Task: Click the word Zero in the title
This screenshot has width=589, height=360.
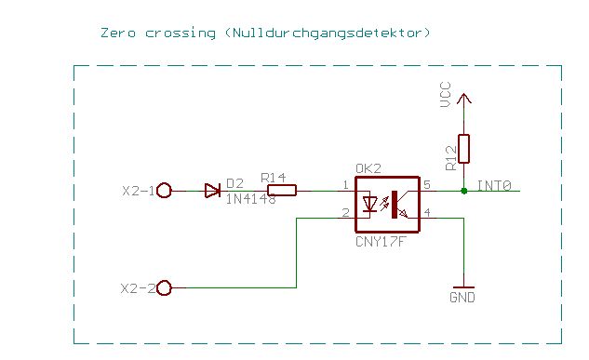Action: coord(118,33)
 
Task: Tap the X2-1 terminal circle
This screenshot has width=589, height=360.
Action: coord(164,191)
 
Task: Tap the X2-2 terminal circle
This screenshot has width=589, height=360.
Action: coord(164,288)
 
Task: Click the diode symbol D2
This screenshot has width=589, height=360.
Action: coord(212,191)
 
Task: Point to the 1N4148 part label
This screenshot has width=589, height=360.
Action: coord(250,199)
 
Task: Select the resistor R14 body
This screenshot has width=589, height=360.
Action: coord(282,191)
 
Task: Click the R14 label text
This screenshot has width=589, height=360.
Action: coord(273,178)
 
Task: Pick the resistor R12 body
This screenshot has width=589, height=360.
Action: coord(464,149)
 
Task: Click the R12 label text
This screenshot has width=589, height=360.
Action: coord(450,158)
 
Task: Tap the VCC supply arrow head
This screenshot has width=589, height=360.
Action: coord(464,99)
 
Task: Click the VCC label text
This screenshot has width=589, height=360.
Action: coord(446,94)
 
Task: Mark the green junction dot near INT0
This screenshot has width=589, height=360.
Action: coord(464,191)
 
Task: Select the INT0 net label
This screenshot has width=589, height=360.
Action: coord(494,185)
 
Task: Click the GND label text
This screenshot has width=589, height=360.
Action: coord(462,298)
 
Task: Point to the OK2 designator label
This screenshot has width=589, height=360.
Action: coord(368,168)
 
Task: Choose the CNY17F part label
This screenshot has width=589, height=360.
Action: coord(381,242)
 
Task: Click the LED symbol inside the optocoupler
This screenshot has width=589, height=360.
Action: coord(369,204)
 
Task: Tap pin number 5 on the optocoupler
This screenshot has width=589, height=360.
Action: coord(427,185)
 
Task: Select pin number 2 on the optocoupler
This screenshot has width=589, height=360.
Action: coord(345,213)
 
